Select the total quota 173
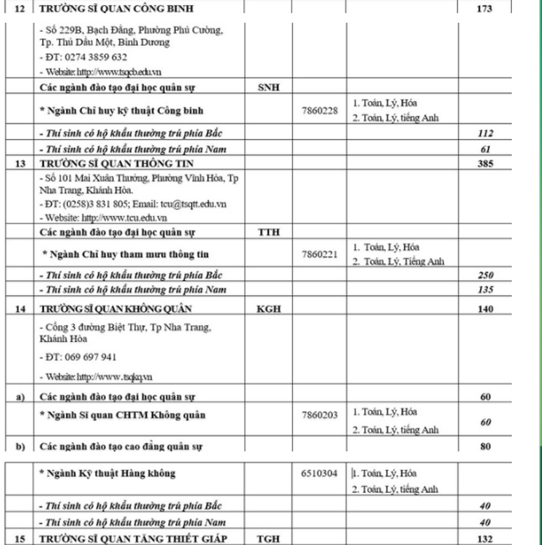point(484,9)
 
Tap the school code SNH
point(269,88)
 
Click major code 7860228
point(319,111)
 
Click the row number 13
point(20,164)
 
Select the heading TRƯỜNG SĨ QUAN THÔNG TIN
point(117,164)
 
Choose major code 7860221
point(319,254)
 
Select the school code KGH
point(268,310)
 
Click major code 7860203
point(319,415)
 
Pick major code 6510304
point(319,474)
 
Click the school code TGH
point(268,538)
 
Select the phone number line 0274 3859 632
point(83,57)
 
